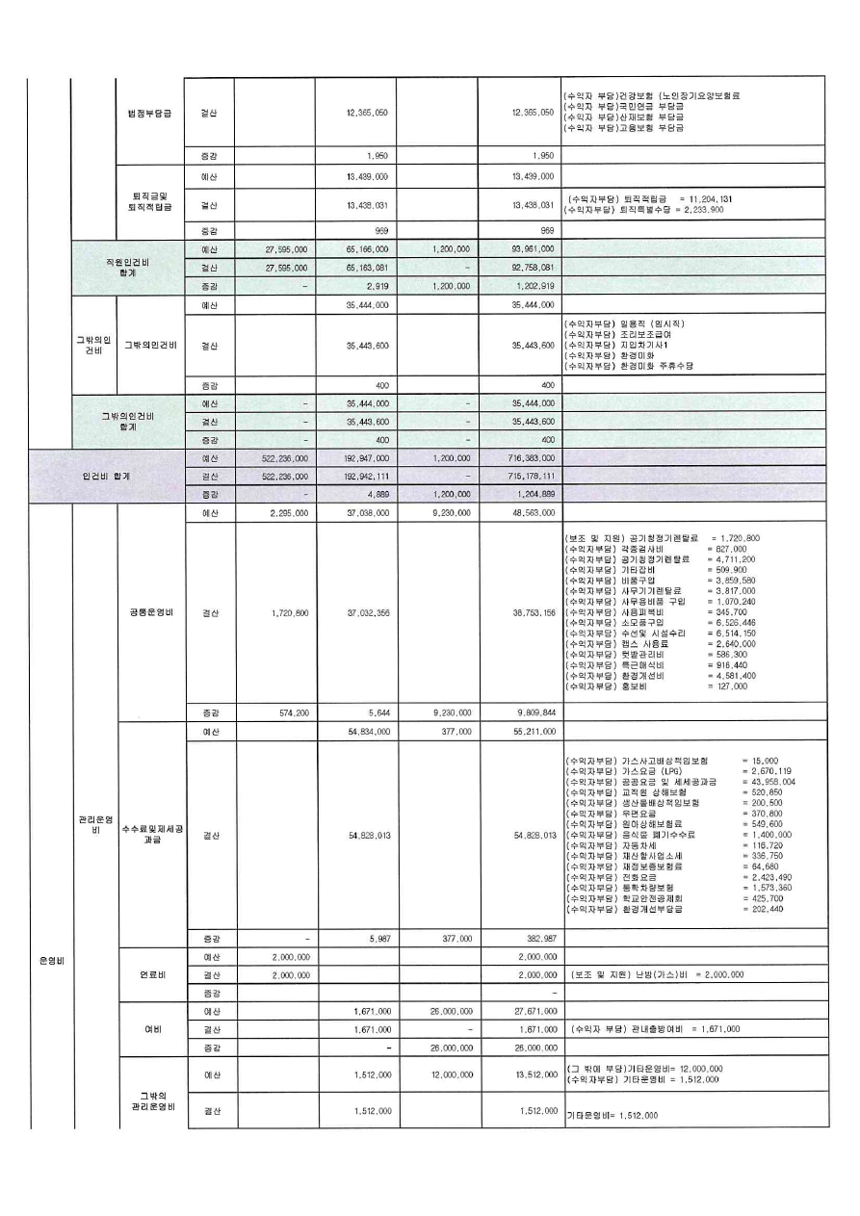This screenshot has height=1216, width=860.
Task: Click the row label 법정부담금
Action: coord(149,113)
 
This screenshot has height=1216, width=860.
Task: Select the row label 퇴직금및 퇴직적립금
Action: coord(149,203)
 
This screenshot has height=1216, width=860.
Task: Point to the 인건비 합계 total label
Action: coord(106,476)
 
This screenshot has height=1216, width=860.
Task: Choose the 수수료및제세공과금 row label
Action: coord(149,835)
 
